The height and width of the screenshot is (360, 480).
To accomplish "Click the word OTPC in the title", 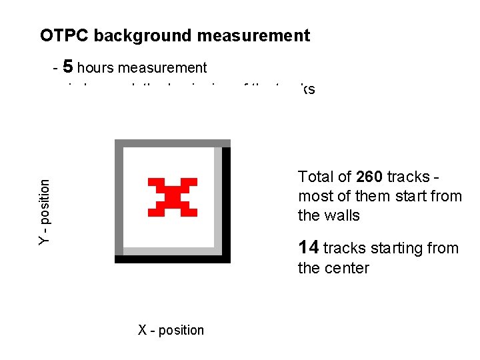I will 64,35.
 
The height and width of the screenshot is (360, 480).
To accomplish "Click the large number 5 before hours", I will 68,67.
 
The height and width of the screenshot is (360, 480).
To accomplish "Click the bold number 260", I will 369,177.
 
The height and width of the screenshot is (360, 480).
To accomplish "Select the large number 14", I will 309,248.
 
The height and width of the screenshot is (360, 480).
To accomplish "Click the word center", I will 345,268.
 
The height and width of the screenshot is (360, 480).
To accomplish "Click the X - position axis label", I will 171,330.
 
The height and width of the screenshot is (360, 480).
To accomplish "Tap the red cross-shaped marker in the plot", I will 172,197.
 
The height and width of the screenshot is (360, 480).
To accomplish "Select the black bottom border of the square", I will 173,259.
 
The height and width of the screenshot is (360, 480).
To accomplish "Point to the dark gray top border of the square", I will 172,143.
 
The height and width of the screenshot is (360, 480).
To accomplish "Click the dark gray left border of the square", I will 119,200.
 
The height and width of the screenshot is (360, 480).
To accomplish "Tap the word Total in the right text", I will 315,177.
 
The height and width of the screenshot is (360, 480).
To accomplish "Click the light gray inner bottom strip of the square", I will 170,251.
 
